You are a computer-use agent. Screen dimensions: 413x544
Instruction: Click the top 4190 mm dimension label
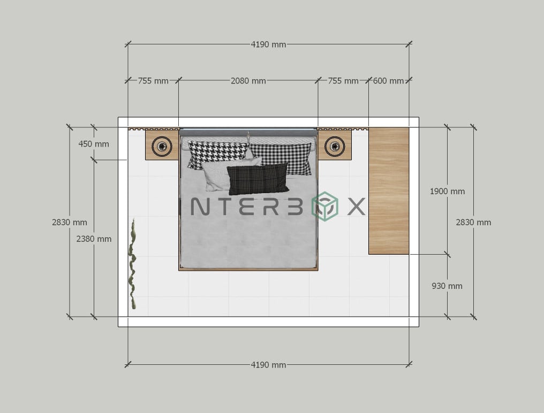pyautogui.click(x=268, y=44)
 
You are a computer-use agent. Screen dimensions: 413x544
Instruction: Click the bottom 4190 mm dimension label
pyautogui.click(x=268, y=365)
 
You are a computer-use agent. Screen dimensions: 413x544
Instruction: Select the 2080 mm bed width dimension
pyautogui.click(x=248, y=81)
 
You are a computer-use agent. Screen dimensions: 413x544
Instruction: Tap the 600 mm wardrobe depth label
pyautogui.click(x=388, y=81)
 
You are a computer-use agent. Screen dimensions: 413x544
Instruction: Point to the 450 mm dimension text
pyautogui.click(x=94, y=144)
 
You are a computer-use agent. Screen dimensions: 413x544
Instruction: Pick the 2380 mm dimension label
pyautogui.click(x=94, y=239)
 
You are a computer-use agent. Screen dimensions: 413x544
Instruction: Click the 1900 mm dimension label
pyautogui.click(x=447, y=191)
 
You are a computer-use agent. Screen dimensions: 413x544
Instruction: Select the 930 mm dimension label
pyautogui.click(x=447, y=286)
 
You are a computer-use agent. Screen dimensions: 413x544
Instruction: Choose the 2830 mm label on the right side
pyautogui.click(x=473, y=222)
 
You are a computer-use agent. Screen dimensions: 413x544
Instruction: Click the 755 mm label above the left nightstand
pyautogui.click(x=153, y=81)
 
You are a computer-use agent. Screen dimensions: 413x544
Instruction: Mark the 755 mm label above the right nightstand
pyautogui.click(x=343, y=81)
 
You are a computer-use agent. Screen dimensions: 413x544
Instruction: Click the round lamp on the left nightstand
pyautogui.click(x=162, y=146)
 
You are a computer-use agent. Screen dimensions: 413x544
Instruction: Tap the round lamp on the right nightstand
pyautogui.click(x=335, y=146)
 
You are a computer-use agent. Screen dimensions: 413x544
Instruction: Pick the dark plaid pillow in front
pyautogui.click(x=258, y=178)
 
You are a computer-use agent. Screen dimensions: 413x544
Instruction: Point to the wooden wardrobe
pyautogui.click(x=389, y=190)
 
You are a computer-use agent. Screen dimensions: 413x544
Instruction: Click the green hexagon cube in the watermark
pyautogui.click(x=325, y=206)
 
